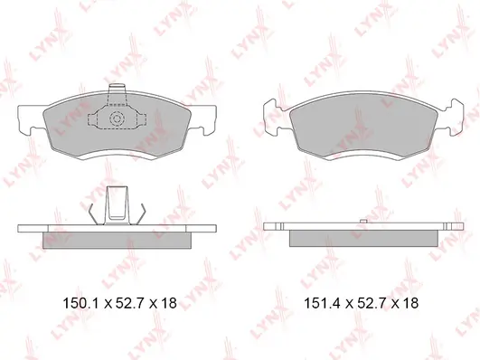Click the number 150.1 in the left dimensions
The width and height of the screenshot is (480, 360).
pyautogui.click(x=81, y=303)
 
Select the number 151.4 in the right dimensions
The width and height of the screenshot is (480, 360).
pyautogui.click(x=322, y=303)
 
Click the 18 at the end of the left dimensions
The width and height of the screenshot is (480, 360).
pyautogui.click(x=169, y=303)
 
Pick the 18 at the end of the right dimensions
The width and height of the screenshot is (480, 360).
pyautogui.click(x=410, y=303)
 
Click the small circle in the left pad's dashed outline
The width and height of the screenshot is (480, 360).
pyautogui.click(x=117, y=118)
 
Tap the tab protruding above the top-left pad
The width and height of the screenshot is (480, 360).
pyautogui.click(x=118, y=89)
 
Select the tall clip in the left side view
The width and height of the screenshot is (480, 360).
pyautogui.click(x=117, y=205)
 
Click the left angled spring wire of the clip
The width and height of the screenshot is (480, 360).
pyautogui.click(x=93, y=213)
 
